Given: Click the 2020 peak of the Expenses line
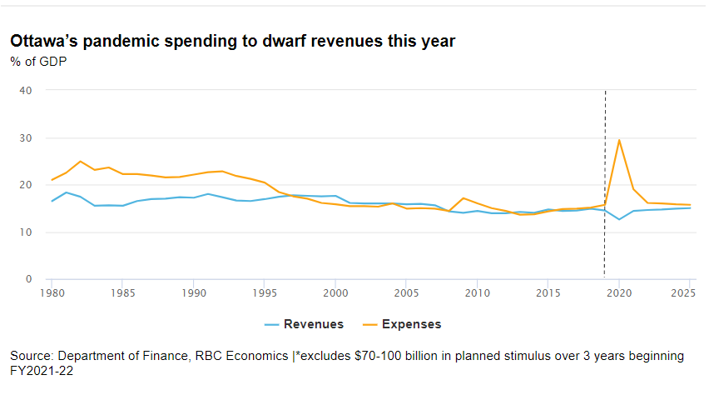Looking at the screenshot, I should coord(619,140).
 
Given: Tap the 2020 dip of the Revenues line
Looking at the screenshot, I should coord(619,219).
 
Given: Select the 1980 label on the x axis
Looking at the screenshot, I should coord(52,293).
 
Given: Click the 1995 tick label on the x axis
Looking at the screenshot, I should coord(265,293).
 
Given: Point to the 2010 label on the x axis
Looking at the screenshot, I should coord(477,293).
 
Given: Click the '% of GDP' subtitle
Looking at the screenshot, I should coord(37,62).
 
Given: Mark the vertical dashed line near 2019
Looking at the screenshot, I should coord(604,183).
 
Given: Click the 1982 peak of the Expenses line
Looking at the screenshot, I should coord(80,162).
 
